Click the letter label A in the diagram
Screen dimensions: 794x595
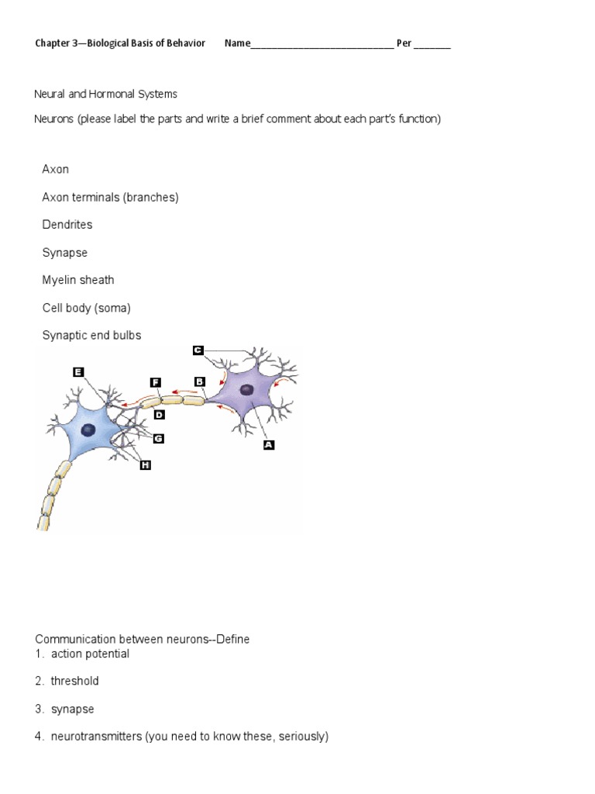269,445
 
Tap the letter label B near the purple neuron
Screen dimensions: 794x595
199,381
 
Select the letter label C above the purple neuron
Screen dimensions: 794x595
198,350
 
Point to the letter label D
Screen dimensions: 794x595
160,415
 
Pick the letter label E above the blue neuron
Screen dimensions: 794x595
77,371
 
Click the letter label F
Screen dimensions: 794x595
155,382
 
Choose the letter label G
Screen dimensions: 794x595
158,438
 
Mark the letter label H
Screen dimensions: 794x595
145,464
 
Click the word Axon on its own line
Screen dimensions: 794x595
56,169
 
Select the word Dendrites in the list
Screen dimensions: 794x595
67,225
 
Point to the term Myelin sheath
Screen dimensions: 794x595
78,280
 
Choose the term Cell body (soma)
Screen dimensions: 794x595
87,308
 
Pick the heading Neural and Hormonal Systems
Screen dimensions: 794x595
106,94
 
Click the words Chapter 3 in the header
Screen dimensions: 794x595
57,43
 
